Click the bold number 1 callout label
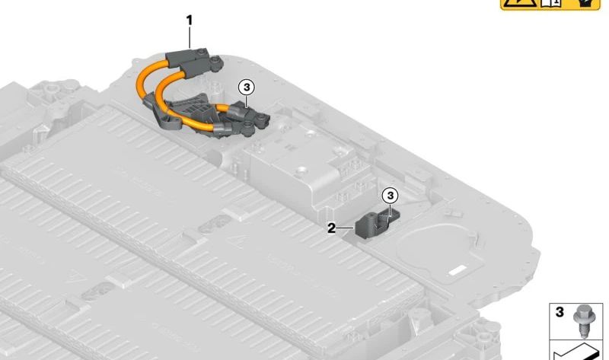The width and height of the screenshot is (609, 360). click(190, 21)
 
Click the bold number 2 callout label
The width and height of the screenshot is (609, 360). click(331, 228)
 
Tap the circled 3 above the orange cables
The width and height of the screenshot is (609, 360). click(247, 88)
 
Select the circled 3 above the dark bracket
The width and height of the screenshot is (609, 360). click(391, 196)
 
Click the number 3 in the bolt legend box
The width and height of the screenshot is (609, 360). click(560, 312)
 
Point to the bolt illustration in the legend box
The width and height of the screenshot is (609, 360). click(582, 321)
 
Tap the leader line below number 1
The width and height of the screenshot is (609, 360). click(190, 37)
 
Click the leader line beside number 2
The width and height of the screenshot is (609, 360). click(346, 228)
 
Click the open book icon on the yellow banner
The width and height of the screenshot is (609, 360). click(551, 3)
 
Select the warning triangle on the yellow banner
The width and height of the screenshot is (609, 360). click(521, 3)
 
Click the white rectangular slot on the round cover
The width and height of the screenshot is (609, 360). click(458, 269)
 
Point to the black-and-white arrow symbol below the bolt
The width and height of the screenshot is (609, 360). click(574, 352)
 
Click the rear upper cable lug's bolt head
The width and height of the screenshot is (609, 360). click(201, 52)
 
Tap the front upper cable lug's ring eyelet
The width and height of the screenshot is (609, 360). click(217, 61)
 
